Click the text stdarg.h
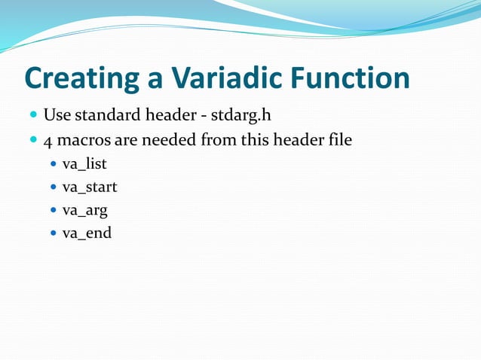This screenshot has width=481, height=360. tap(240, 116)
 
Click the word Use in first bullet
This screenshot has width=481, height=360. tap(56, 116)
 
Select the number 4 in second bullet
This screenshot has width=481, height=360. tap(47, 139)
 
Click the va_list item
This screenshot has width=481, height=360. tap(84, 163)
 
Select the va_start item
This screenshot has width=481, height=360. tap(90, 187)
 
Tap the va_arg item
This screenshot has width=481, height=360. tap(85, 210)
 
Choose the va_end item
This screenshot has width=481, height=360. tap(87, 233)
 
